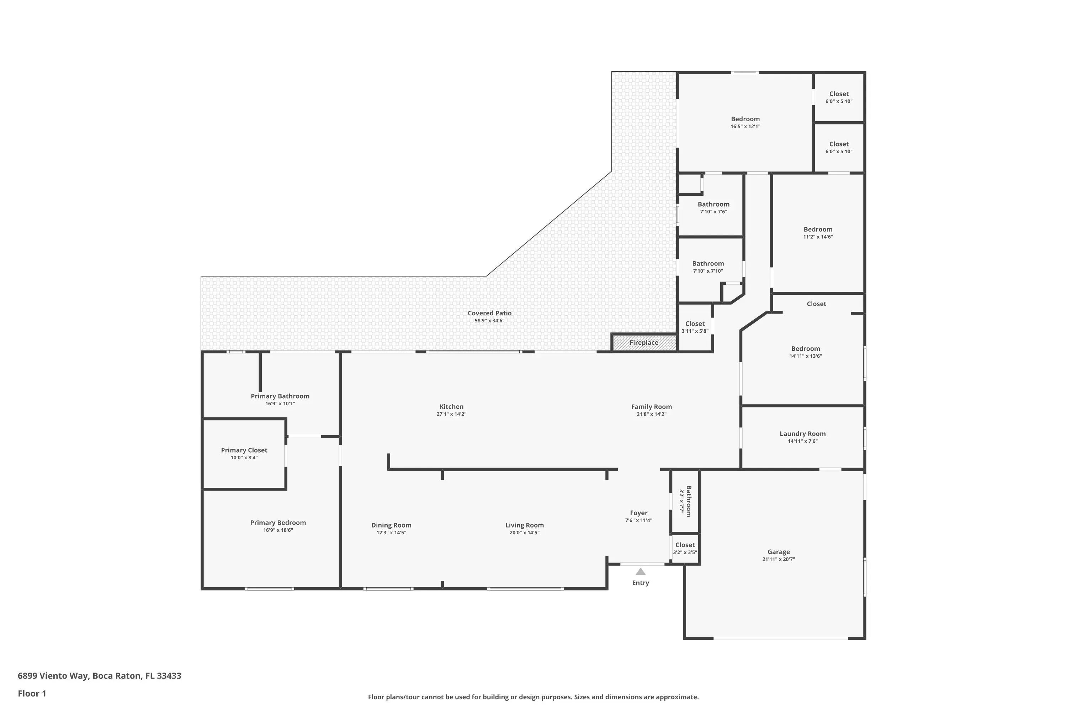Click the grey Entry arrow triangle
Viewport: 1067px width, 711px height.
[640, 571]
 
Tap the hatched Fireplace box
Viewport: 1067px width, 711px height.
[644, 342]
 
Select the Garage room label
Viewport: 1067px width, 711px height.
[779, 552]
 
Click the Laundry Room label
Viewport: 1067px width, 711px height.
[802, 433]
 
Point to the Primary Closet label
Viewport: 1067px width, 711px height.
[244, 450]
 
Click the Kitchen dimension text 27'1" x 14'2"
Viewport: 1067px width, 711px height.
[451, 414]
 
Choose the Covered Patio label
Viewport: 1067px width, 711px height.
[489, 313]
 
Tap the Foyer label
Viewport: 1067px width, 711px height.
[639, 513]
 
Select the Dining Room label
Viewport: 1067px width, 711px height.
[391, 525]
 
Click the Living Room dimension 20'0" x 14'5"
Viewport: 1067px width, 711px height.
[524, 532]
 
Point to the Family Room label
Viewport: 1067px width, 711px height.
[652, 407]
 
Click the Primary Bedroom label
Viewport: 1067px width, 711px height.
[278, 522]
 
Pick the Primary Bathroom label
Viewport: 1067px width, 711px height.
[280, 396]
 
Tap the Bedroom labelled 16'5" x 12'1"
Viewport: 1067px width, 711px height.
[745, 119]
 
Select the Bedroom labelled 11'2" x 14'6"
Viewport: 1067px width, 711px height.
[818, 229]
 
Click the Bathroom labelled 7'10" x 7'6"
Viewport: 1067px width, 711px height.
[713, 204]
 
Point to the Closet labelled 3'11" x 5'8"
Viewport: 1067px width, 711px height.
[695, 323]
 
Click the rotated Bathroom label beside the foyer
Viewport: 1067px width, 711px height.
[689, 501]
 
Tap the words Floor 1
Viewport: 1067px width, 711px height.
[32, 693]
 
